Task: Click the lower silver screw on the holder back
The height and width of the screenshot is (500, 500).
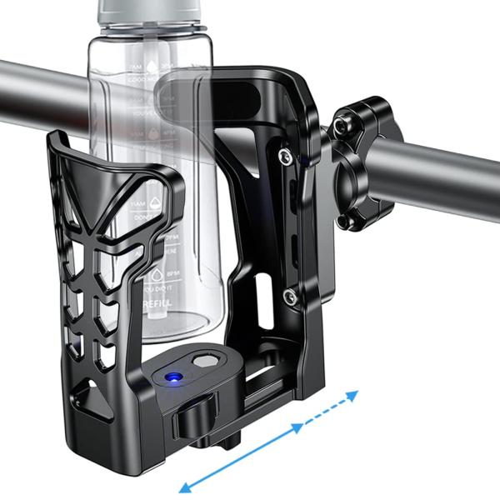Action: pos(288,296)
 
